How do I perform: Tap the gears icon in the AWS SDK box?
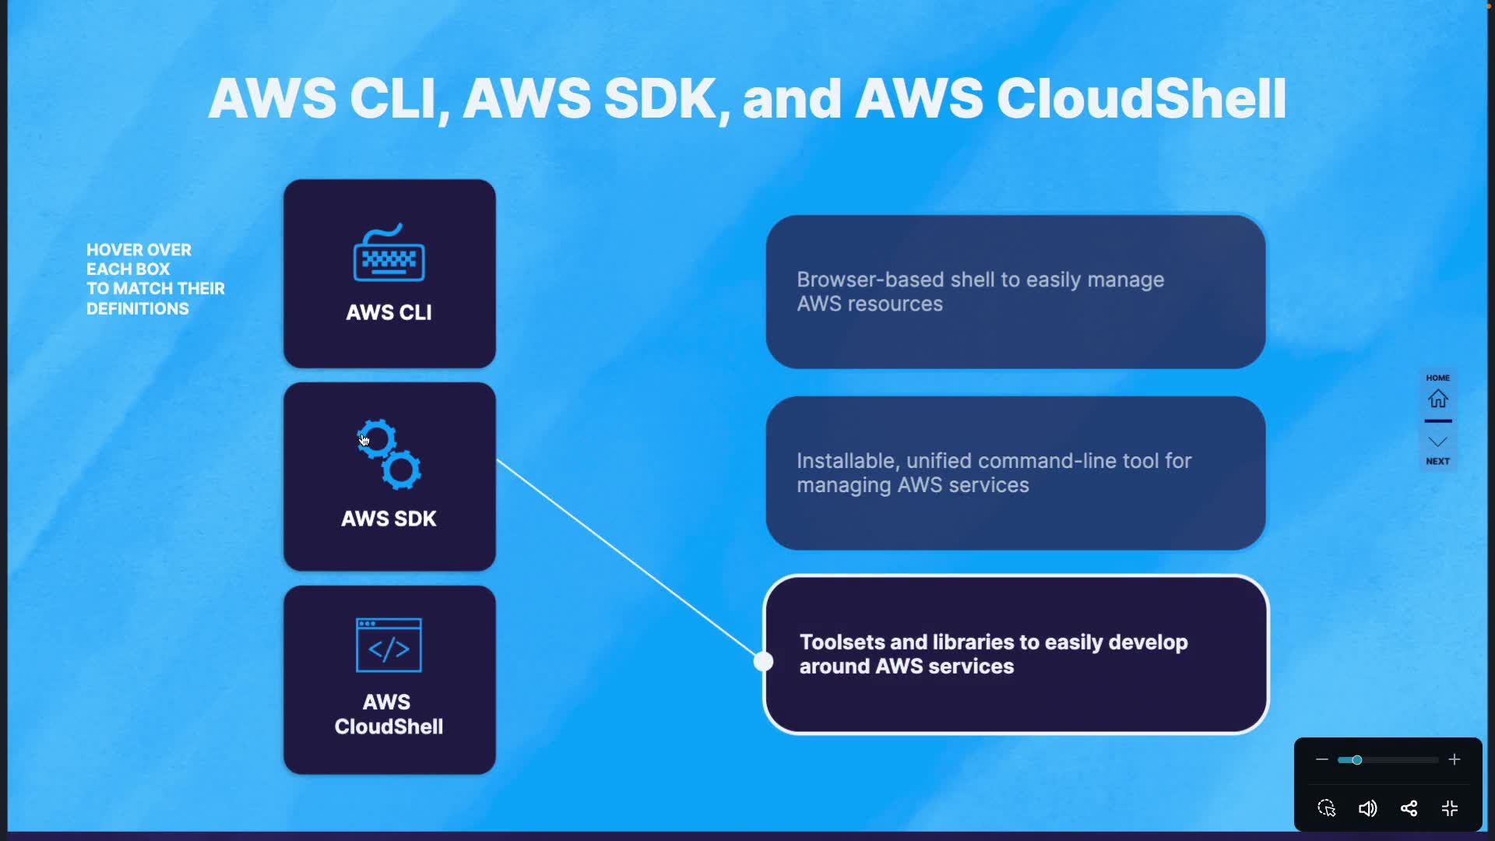389,454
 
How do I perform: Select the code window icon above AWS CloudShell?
389,645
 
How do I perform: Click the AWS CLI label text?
389,312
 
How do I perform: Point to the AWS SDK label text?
389,519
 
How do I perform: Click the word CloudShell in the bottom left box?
389,727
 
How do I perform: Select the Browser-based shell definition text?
980,291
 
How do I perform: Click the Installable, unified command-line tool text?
994,473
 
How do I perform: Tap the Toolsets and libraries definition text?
993,654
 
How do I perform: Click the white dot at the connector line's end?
764,661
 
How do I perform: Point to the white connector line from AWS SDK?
627,559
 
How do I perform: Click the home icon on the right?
1437,399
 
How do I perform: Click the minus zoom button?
1321,759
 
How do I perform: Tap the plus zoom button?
1454,759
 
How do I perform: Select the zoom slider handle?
1356,759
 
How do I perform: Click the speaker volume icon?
1367,808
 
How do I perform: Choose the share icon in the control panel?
1409,808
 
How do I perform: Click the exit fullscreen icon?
1450,808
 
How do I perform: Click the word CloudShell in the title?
1141,99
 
